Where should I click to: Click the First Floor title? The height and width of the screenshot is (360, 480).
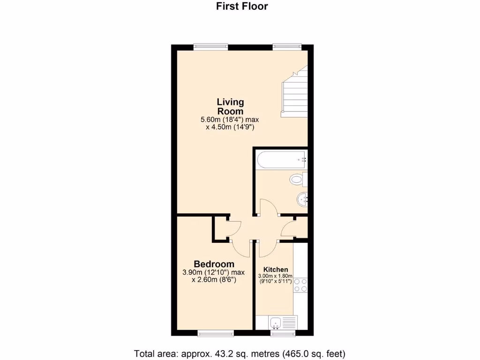[x=241, y=6]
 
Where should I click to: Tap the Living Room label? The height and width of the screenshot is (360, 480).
[x=230, y=106]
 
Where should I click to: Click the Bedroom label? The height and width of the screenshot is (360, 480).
[x=214, y=264]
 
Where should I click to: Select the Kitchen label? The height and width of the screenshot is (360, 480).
[x=276, y=270]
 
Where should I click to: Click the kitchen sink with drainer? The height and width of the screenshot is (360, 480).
[x=283, y=322]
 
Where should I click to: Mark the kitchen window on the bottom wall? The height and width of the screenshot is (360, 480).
[x=283, y=333]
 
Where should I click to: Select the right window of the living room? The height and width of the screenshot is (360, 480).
[x=287, y=46]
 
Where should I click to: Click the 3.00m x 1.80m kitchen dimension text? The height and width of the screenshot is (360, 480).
[x=276, y=276]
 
